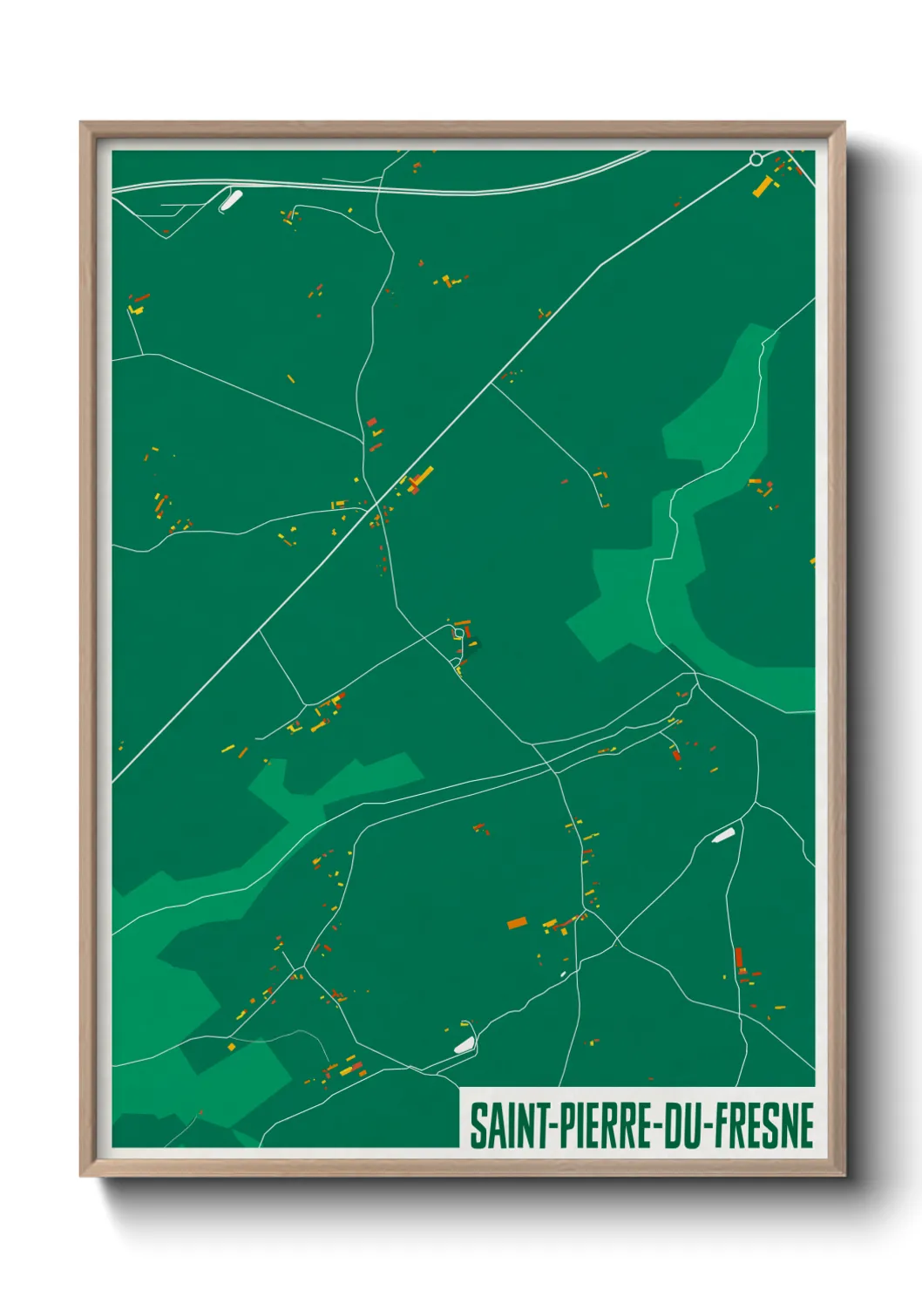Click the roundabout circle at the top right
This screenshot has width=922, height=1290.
coord(756,160)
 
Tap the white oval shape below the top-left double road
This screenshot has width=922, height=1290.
coord(231,200)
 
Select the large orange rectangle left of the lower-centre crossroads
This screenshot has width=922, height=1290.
coord(517,922)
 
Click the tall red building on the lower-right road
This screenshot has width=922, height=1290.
coord(739,958)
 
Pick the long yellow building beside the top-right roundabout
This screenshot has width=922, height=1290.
coord(763,186)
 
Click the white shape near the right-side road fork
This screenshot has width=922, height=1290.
coord(723,836)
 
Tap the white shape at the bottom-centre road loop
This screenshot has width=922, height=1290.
coord(463,1044)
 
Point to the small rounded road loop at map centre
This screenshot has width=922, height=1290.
coord(458,632)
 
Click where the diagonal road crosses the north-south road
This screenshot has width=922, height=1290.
coord(377,504)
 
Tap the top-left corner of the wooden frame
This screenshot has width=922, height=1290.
coord(82,124)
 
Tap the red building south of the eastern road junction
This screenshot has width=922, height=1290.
coord(676,755)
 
